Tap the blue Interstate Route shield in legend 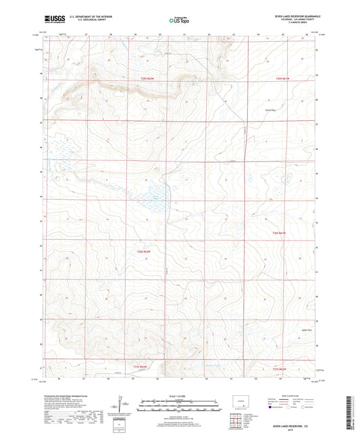click(271, 407)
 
